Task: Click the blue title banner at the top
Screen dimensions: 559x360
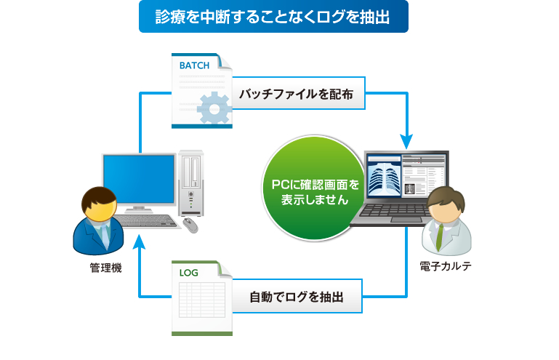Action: click(x=273, y=17)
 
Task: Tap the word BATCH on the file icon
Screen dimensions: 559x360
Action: click(x=194, y=65)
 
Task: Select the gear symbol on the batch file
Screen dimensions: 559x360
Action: click(x=214, y=108)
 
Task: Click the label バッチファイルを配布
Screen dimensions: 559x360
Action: click(x=297, y=95)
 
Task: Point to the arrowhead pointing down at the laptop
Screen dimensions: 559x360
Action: click(x=406, y=142)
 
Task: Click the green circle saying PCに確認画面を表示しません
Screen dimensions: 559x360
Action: click(x=315, y=188)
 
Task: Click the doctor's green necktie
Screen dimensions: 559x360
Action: click(x=440, y=236)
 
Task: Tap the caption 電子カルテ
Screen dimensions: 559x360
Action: click(x=446, y=266)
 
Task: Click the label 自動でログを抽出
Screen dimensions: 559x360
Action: click(x=297, y=297)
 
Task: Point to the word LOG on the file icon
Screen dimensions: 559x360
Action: click(x=188, y=273)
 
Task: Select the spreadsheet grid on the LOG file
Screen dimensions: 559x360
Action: click(x=202, y=300)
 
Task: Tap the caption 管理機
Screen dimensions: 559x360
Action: click(x=105, y=268)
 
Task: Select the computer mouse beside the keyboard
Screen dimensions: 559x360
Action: click(x=190, y=225)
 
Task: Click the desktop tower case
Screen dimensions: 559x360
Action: click(x=191, y=183)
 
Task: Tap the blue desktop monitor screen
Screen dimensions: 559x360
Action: click(x=139, y=179)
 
